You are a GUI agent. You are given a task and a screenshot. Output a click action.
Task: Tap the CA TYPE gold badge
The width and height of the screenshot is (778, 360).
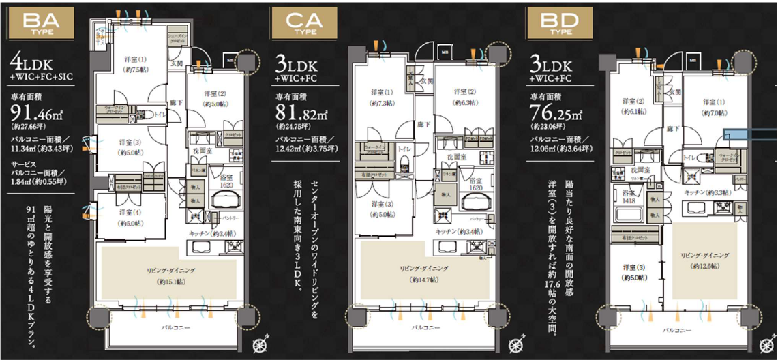(297, 25)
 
